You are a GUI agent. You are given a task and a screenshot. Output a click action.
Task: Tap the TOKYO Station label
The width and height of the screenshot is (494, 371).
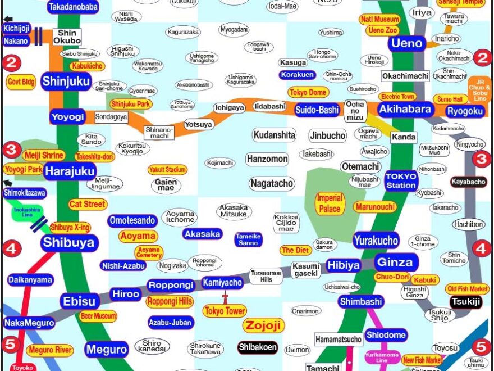(401, 180)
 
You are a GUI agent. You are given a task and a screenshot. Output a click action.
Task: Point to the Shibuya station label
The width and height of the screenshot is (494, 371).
(70, 243)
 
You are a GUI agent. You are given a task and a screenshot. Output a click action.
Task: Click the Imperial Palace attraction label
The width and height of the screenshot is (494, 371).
(330, 203)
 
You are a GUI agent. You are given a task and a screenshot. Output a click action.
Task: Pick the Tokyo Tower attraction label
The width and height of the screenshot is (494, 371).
(225, 311)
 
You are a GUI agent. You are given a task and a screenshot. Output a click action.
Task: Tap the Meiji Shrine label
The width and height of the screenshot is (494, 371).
(44, 155)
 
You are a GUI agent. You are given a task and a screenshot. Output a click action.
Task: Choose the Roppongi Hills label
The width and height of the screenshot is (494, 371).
(170, 301)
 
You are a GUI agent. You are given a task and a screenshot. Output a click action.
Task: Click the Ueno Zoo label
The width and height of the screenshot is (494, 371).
(383, 30)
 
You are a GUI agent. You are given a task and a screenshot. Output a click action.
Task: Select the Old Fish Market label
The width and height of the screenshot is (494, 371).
(467, 289)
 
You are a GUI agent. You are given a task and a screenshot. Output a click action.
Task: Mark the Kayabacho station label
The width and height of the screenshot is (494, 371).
(468, 182)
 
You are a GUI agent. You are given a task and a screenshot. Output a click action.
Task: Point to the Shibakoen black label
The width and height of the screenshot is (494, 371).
(258, 347)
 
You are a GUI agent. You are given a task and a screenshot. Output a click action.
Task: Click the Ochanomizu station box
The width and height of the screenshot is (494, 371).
(355, 110)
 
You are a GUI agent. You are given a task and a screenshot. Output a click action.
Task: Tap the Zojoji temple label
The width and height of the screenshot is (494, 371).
(263, 325)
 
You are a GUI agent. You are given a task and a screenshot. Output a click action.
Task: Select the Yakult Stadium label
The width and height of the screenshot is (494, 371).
(167, 170)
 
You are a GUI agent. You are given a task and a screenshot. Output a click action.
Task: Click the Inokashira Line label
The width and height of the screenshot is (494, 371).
(24, 213)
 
